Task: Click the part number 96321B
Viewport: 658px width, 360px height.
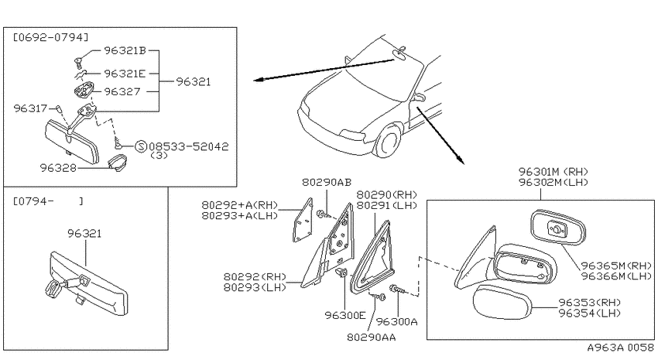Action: (125, 51)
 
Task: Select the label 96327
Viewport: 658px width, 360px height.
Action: (122, 91)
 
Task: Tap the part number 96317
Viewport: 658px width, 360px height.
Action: (30, 108)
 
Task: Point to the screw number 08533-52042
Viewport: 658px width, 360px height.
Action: (189, 146)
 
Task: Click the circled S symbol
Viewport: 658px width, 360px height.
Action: (141, 146)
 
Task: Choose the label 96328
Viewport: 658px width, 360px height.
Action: (58, 168)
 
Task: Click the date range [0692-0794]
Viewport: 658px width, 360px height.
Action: (51, 37)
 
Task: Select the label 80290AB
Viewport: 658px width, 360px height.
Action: (327, 182)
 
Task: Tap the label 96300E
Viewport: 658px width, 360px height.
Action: (345, 315)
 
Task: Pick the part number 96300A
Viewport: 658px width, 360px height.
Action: (396, 321)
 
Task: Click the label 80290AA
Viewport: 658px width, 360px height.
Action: (372, 337)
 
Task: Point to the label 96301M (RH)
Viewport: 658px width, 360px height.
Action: (553, 172)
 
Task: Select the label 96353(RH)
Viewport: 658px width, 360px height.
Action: (590, 302)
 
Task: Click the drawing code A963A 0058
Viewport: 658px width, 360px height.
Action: (620, 348)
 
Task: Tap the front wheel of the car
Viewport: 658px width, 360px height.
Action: (388, 141)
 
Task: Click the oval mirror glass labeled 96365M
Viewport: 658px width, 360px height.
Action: (557, 228)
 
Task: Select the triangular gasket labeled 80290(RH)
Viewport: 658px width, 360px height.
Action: (373, 257)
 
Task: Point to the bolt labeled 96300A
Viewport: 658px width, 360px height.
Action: (396, 289)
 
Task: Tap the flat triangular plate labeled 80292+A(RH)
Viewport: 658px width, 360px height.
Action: (303, 220)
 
